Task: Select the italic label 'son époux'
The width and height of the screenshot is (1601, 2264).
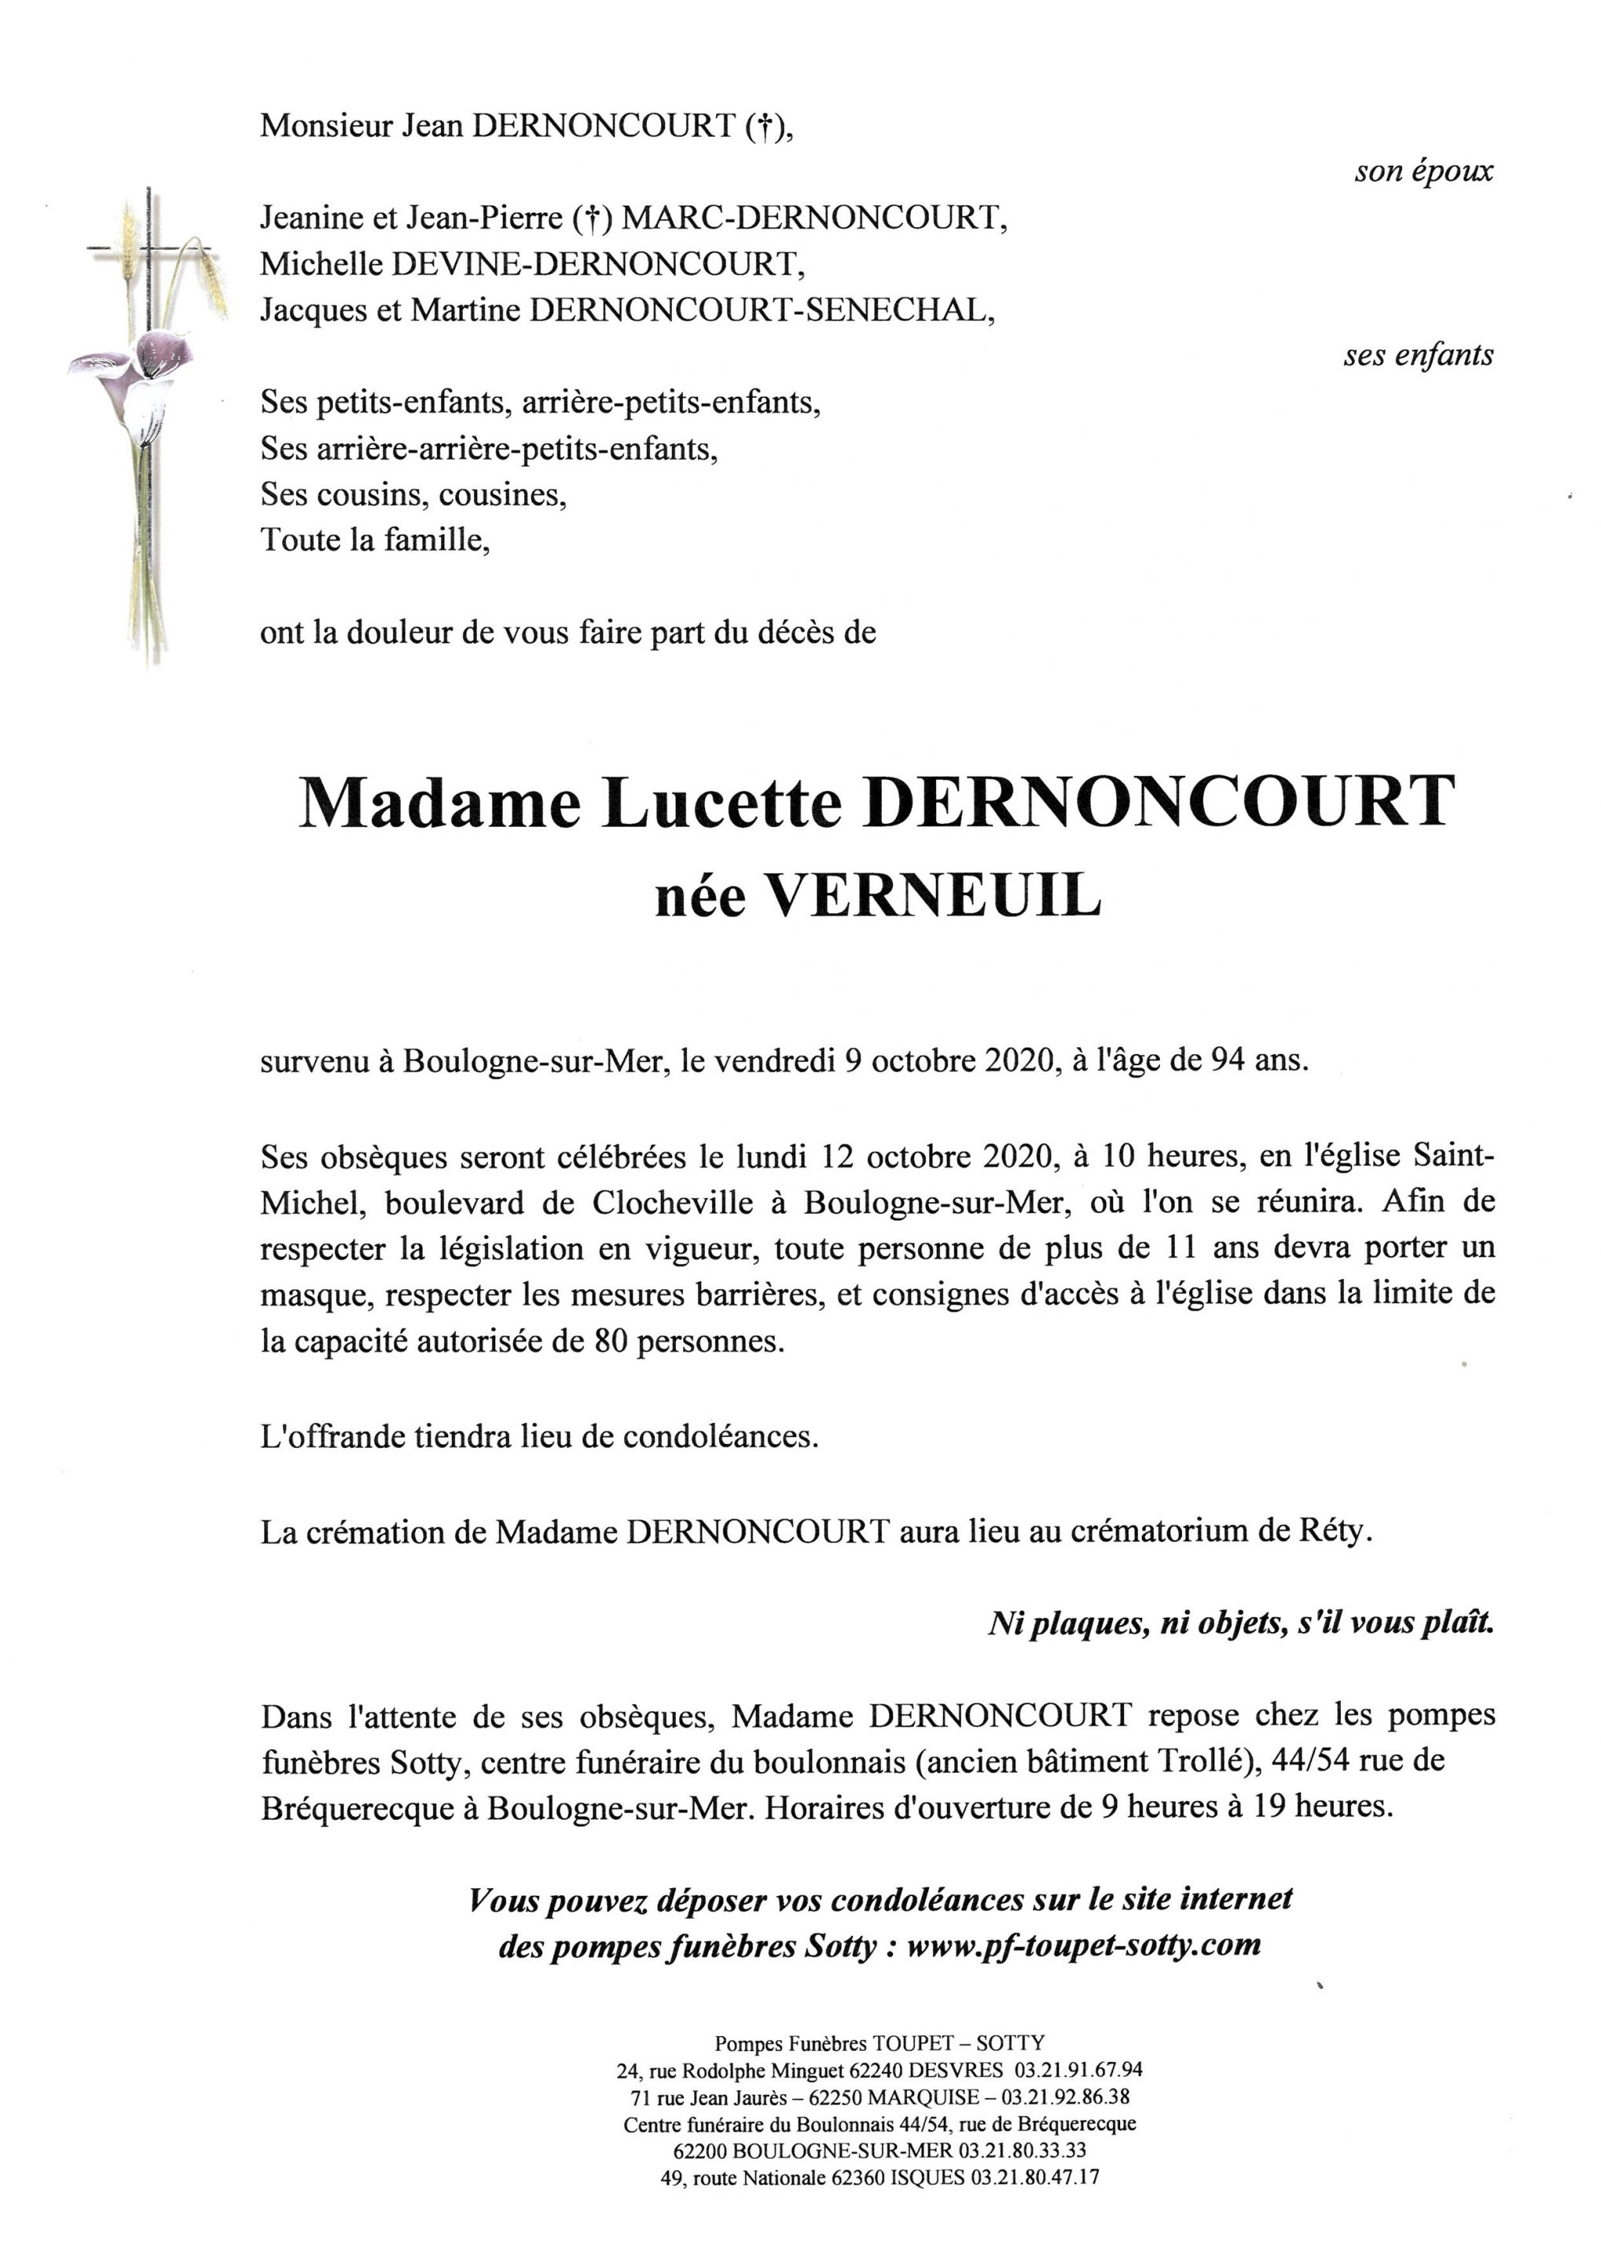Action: pos(1423,171)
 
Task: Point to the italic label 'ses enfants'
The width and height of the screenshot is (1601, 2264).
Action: pos(1418,355)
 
